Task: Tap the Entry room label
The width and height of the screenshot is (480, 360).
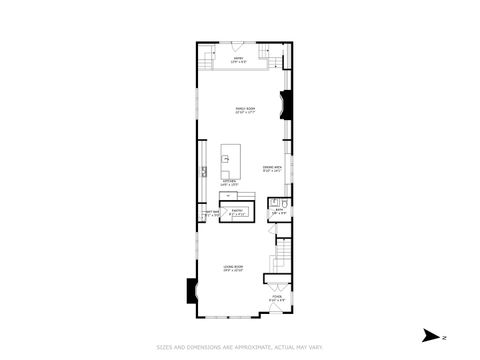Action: click(x=240, y=61)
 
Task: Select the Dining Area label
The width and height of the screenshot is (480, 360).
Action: click(x=272, y=169)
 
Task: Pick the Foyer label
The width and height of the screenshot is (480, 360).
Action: click(x=276, y=298)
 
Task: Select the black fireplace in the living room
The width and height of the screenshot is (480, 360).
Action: click(x=191, y=289)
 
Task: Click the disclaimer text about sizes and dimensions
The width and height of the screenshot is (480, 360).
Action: click(x=240, y=348)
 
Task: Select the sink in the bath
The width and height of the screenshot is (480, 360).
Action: click(x=274, y=203)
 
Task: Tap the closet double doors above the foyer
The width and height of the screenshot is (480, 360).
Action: click(x=276, y=277)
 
